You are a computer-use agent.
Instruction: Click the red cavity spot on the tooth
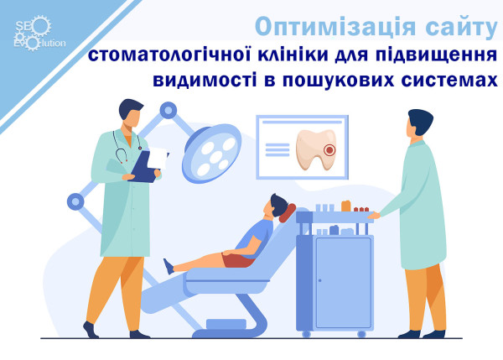329,150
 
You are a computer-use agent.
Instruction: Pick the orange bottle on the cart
345,206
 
